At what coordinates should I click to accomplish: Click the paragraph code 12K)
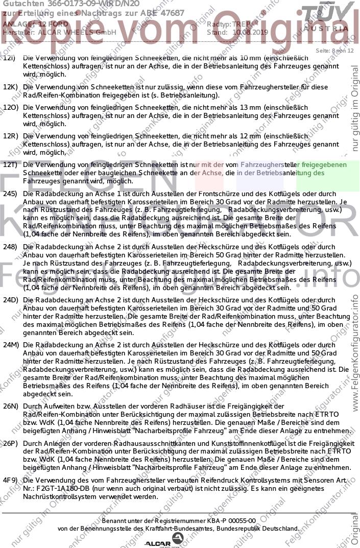(10, 87)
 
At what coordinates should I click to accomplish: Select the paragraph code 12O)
(11, 108)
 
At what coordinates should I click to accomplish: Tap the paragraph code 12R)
(11, 136)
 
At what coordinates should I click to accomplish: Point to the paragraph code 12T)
(10, 165)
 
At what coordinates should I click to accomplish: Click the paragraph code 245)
(10, 194)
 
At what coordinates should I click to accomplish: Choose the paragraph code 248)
(10, 247)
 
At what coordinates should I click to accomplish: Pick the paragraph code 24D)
(10, 300)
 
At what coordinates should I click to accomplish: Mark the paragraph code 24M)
(11, 345)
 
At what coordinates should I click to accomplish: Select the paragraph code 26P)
(11, 444)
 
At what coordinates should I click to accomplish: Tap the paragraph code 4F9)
(10, 481)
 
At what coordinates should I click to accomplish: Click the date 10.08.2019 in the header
(250, 32)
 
